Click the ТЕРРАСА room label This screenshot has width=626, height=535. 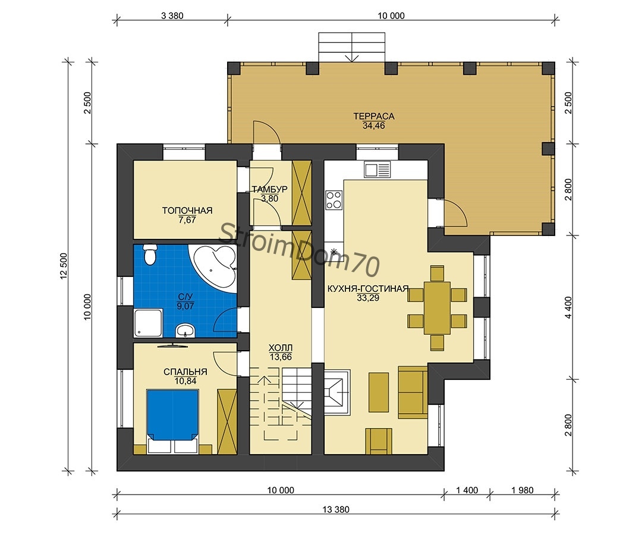(374, 116)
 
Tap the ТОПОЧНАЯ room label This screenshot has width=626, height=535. (187, 210)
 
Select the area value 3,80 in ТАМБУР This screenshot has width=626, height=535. (269, 199)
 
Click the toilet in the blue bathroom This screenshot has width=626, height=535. (150, 254)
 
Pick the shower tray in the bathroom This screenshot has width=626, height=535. (148, 323)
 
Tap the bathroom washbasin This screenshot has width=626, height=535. (185, 331)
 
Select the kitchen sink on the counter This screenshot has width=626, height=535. (378, 169)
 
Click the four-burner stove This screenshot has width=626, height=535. (334, 200)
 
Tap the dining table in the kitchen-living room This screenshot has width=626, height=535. (437, 308)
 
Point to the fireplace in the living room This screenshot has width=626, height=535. (337, 393)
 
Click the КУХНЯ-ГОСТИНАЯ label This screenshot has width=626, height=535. (368, 289)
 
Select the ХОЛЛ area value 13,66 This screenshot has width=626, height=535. (281, 357)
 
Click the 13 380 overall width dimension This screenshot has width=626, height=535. (336, 509)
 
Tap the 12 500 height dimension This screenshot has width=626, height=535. (64, 266)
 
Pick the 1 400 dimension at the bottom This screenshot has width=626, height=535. (467, 490)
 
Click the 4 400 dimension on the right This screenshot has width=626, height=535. (568, 307)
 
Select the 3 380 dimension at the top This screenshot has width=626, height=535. (172, 15)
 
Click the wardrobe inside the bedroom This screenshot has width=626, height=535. (227, 421)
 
